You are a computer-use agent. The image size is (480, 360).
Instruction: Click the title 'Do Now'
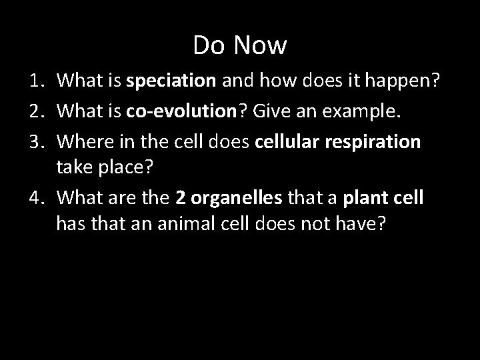pyautogui.click(x=240, y=45)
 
